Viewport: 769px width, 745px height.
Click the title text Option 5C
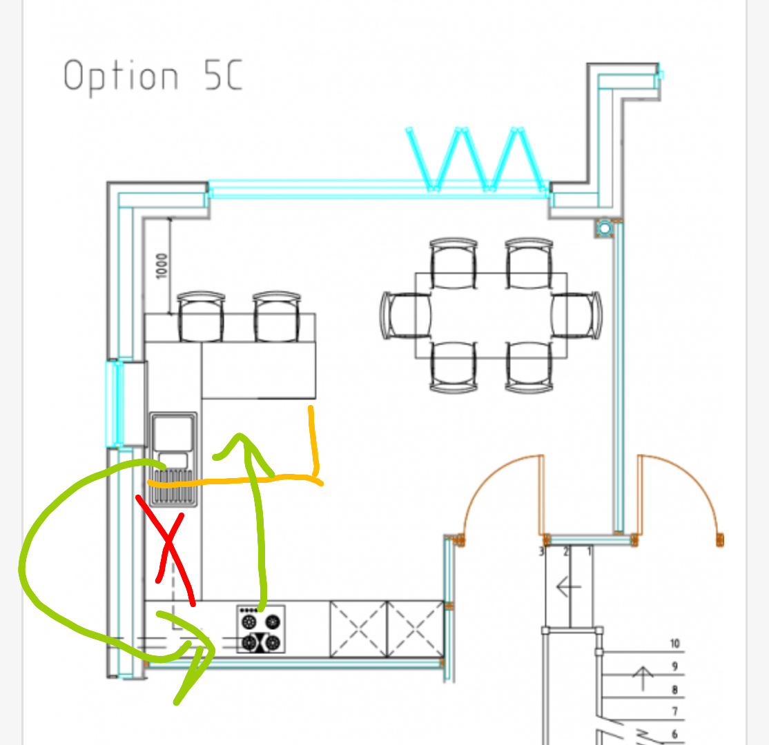coord(153,76)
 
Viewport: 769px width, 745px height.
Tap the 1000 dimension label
coord(162,266)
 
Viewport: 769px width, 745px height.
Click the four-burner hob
coord(261,629)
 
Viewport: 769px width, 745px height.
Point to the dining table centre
coord(491,316)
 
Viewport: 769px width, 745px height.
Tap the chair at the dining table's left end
coord(405,316)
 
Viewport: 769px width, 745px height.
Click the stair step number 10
coord(675,643)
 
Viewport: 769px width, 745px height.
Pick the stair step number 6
coord(675,734)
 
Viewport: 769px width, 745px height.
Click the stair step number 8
coord(675,689)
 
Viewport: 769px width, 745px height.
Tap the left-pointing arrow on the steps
coord(568,586)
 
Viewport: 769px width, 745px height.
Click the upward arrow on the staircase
coord(643,678)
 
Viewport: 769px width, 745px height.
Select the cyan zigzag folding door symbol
coord(476,159)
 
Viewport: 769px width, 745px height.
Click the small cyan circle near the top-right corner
coord(605,228)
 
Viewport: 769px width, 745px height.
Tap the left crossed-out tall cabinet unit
coord(358,629)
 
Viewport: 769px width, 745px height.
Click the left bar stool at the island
coord(201,317)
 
